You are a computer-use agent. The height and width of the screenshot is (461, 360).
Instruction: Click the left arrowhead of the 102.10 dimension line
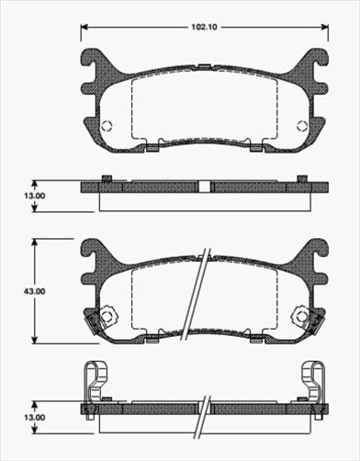click(x=84, y=28)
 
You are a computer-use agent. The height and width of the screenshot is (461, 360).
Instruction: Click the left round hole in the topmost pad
click(x=107, y=127)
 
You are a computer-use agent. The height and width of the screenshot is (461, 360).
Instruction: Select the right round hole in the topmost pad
click(x=301, y=127)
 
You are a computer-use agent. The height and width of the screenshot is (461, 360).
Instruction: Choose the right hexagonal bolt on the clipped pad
click(x=300, y=316)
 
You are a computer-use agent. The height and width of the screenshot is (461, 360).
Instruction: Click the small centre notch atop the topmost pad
click(x=204, y=65)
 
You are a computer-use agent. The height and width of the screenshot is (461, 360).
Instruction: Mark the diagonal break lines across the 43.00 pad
click(x=198, y=294)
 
